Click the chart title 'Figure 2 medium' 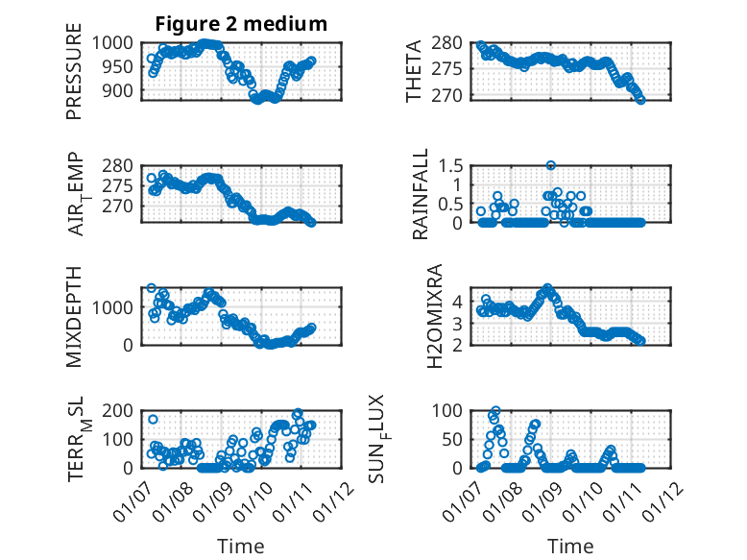[x=241, y=23]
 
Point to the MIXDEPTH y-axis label [x=74, y=317]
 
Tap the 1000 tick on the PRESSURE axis [x=119, y=42]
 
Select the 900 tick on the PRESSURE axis [x=123, y=90]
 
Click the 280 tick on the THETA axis [x=453, y=42]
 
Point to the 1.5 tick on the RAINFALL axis [x=455, y=165]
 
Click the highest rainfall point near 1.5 [x=551, y=165]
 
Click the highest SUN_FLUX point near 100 [x=495, y=411]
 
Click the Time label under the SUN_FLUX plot [x=570, y=546]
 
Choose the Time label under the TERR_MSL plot [x=241, y=546]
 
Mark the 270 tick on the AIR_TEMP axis [x=123, y=206]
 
